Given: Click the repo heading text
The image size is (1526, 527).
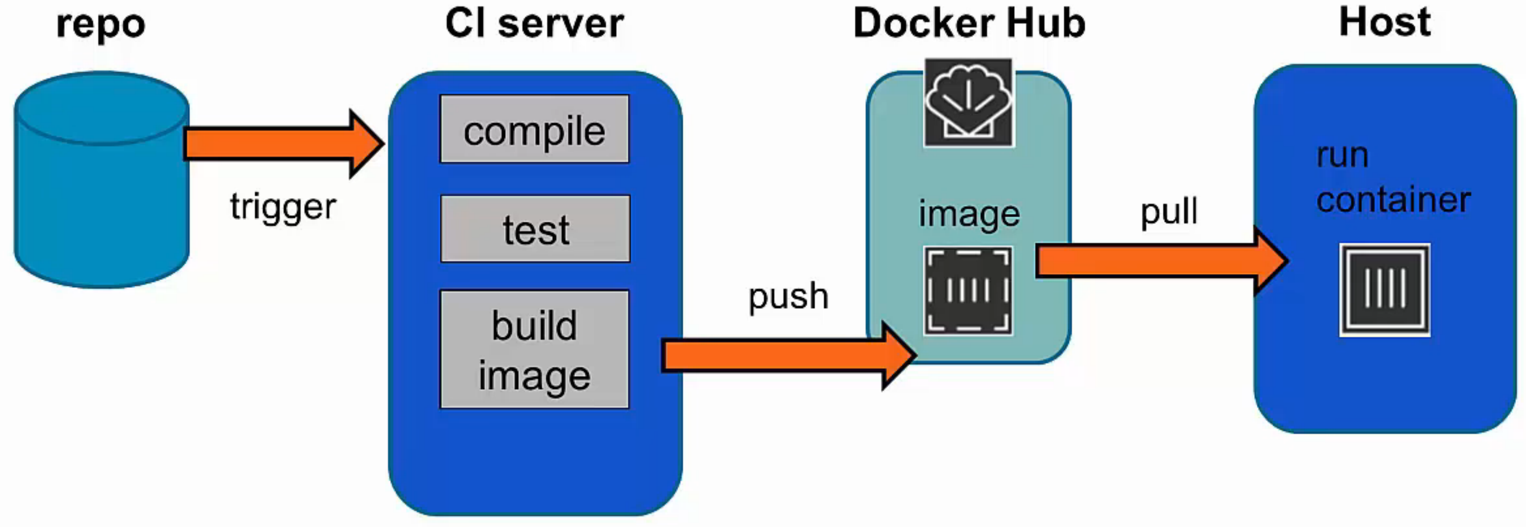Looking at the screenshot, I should pos(101,25).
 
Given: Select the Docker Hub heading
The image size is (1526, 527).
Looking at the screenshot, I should pos(969,24).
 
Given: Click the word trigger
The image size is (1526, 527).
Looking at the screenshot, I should pos(283,207).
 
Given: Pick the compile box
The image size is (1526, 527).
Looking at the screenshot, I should pos(534,129).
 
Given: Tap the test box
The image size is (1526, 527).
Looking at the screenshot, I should pos(535,229).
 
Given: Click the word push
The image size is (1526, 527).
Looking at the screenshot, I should pos(788,297).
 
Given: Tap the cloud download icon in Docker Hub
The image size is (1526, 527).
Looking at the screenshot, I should pos(969,102).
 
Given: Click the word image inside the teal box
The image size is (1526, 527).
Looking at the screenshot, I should pos(969,214).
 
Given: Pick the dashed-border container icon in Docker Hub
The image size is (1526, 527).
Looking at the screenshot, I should pos(968,291).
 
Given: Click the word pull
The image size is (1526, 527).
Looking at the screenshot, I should pos(1169,212).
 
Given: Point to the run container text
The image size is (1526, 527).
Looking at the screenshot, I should pos(1392,178).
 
